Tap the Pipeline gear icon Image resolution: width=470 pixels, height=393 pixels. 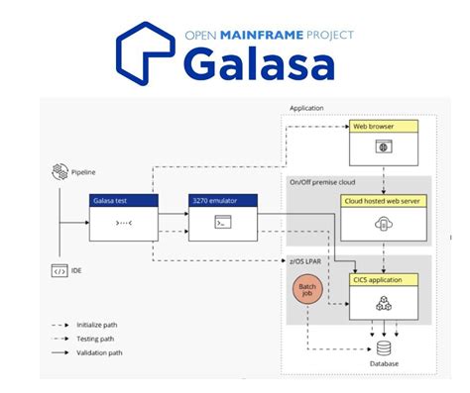(59, 172)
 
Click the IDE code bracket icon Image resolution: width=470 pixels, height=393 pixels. (59, 270)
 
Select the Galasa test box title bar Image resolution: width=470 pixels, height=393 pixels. (123, 201)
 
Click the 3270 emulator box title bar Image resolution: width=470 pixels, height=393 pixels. (223, 201)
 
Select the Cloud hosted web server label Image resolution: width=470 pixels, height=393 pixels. (381, 201)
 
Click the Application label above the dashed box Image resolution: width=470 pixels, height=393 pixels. (306, 108)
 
